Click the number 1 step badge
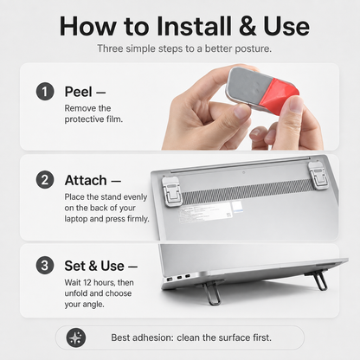(x=45, y=92)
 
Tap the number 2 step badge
(x=45, y=180)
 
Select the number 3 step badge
(x=45, y=266)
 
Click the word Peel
(x=79, y=92)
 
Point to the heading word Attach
(x=86, y=181)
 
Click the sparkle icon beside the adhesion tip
(x=76, y=337)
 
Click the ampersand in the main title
(x=247, y=27)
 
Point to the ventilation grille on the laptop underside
(x=248, y=191)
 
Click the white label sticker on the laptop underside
(x=209, y=212)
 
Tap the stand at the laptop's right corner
(x=318, y=175)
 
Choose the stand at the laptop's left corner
(x=171, y=191)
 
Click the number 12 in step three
(x=87, y=282)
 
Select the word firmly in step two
(x=138, y=219)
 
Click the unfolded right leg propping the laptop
(x=319, y=280)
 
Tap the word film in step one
(x=114, y=119)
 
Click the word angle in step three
(x=93, y=305)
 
